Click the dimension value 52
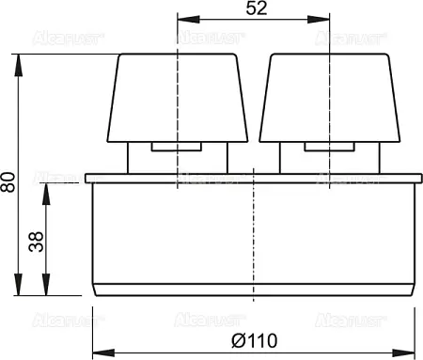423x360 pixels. click(x=254, y=8)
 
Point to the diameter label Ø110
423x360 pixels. click(x=253, y=337)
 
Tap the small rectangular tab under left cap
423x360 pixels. click(x=176, y=147)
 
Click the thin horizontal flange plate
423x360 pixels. click(x=254, y=178)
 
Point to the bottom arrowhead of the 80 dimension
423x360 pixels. click(x=20, y=290)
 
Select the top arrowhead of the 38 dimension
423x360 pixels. click(x=47, y=189)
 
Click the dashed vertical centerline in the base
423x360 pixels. click(x=254, y=235)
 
